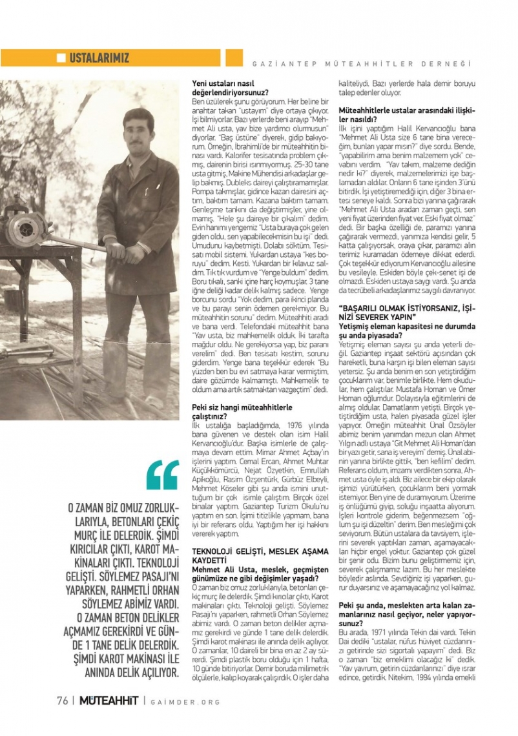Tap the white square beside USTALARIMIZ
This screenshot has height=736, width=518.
(61, 58)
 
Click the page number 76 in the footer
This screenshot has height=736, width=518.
(62, 702)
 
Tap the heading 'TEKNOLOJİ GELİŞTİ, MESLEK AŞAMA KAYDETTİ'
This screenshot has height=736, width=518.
(261, 554)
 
